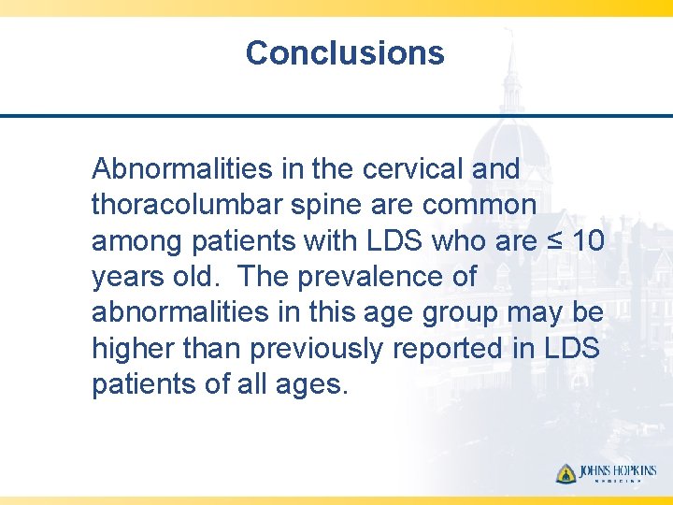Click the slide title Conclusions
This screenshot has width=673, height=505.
click(x=345, y=52)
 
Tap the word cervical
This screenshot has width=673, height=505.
click(x=412, y=168)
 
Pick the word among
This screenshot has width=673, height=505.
click(x=136, y=242)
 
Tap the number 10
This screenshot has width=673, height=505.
click(x=588, y=240)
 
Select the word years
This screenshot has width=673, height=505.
click(x=128, y=279)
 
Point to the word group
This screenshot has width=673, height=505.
click(x=460, y=314)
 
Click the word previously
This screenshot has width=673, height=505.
click(x=316, y=349)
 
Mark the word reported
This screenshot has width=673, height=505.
click(x=447, y=350)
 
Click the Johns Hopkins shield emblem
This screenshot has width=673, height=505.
click(x=566, y=473)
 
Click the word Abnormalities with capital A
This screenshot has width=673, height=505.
click(x=182, y=168)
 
